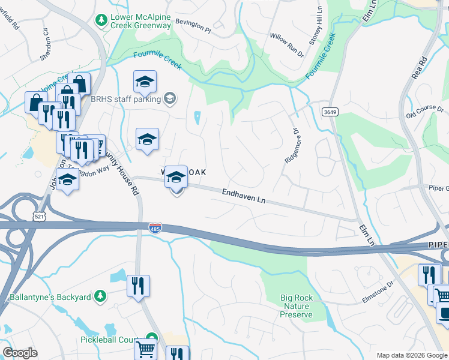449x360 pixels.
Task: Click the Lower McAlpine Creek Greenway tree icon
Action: pyautogui.click(x=101, y=20)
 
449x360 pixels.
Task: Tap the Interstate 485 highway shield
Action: pyautogui.click(x=154, y=228)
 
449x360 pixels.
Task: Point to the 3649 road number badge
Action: pyautogui.click(x=329, y=112)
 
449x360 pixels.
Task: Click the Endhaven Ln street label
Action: pyautogui.click(x=244, y=196)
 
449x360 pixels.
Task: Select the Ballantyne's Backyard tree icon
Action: pyautogui.click(x=101, y=296)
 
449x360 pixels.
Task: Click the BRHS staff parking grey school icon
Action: pyautogui.click(x=170, y=98)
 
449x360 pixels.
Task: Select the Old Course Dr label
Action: pyautogui.click(x=424, y=112)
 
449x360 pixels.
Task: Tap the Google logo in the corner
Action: pyautogui.click(x=20, y=353)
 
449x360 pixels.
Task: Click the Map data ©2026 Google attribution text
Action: pyautogui.click(x=412, y=355)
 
